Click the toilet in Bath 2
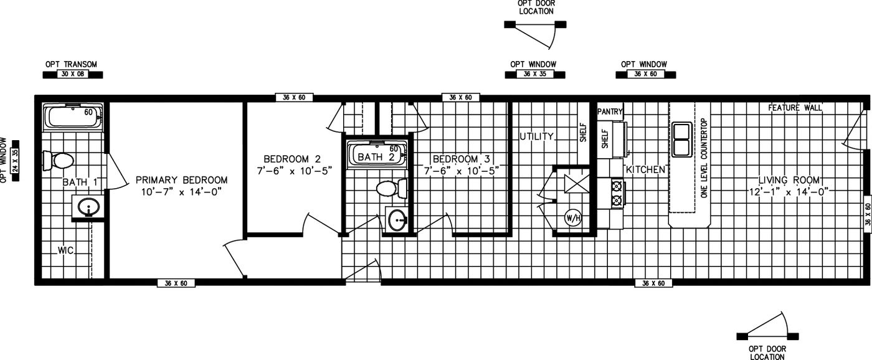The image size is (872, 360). pyautogui.click(x=391, y=187)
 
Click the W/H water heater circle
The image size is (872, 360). pyautogui.click(x=572, y=218)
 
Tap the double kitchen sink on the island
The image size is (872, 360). pyautogui.click(x=681, y=139)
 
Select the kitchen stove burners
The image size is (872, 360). pyautogui.click(x=617, y=193)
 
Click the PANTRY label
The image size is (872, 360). pyautogui.click(x=610, y=111)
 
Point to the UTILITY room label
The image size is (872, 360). pyautogui.click(x=536, y=136)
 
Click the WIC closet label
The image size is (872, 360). pyautogui.click(x=66, y=250)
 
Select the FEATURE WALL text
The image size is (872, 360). pyautogui.click(x=794, y=108)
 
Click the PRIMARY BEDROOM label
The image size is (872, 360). pyautogui.click(x=181, y=180)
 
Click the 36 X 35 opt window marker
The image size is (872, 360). pyautogui.click(x=534, y=74)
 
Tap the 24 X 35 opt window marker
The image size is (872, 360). pyautogui.click(x=16, y=160)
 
